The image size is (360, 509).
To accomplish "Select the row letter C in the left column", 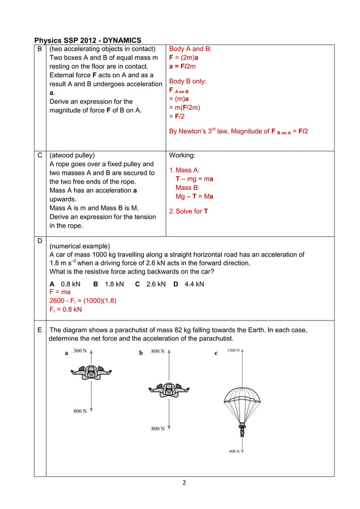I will pos(39,155).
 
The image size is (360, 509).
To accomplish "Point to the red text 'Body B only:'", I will pos(188,81).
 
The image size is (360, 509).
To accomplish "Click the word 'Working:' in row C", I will pos(183,155).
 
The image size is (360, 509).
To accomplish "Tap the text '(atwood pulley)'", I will pos(72,155).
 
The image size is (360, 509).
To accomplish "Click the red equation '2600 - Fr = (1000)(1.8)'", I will pos(83,301).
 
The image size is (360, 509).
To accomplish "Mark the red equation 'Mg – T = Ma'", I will pos(194,196).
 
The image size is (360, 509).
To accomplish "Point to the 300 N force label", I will pos(80,350).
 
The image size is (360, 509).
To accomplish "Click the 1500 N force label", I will pos(234,350).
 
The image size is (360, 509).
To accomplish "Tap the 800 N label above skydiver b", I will pos(158,350).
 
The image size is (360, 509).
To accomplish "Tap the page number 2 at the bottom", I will pos(183,484).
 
